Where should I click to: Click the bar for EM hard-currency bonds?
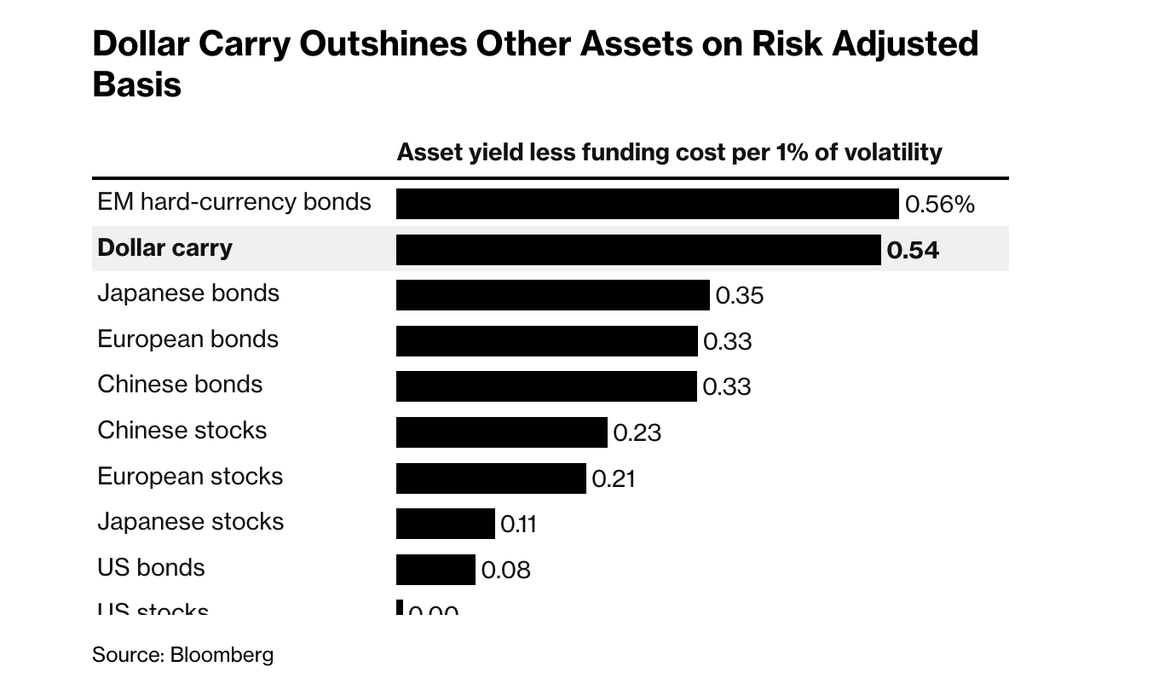coord(647,205)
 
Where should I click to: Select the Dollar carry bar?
coord(638,250)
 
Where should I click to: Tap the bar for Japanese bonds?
coord(552,295)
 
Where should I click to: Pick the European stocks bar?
coord(491,478)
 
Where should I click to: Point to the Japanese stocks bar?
coord(445,524)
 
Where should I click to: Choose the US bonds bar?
coord(435,570)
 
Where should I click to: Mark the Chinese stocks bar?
coord(501,432)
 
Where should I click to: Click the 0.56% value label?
coord(939,205)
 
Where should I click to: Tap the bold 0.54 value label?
coord(913,250)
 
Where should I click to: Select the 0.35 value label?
coord(739,296)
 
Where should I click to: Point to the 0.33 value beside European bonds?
coord(727,342)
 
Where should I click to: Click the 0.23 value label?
coord(637,433)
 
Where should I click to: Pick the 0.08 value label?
coord(505,570)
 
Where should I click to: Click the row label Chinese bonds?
coord(180,384)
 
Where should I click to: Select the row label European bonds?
coord(187,339)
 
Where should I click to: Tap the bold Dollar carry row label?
coord(164,247)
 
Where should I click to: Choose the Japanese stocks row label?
coord(190,521)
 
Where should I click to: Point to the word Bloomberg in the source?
coord(222,655)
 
